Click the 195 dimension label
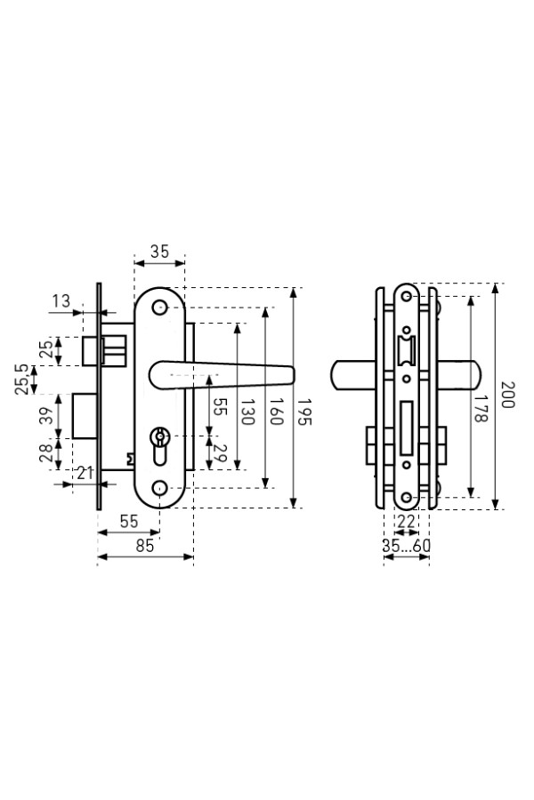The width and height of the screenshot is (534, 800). [304, 412]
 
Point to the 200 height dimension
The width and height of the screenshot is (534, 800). [507, 395]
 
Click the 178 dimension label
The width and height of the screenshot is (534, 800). [481, 408]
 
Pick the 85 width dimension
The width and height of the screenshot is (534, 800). [145, 546]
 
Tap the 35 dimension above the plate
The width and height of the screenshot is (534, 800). [159, 252]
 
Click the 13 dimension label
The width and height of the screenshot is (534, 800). [61, 301]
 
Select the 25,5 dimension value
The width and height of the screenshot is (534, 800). [21, 380]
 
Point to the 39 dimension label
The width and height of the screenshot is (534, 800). [46, 416]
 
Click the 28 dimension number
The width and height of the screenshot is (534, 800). [46, 452]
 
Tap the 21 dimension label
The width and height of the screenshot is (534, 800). [85, 473]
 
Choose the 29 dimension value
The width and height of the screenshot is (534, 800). [220, 453]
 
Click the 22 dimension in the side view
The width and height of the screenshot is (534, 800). [406, 522]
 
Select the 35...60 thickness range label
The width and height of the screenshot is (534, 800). [406, 546]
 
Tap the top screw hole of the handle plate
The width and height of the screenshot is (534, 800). [159, 308]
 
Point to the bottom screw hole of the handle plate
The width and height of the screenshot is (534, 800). [159, 488]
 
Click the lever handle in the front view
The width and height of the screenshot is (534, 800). [222, 375]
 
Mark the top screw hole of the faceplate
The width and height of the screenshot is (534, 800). [407, 296]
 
